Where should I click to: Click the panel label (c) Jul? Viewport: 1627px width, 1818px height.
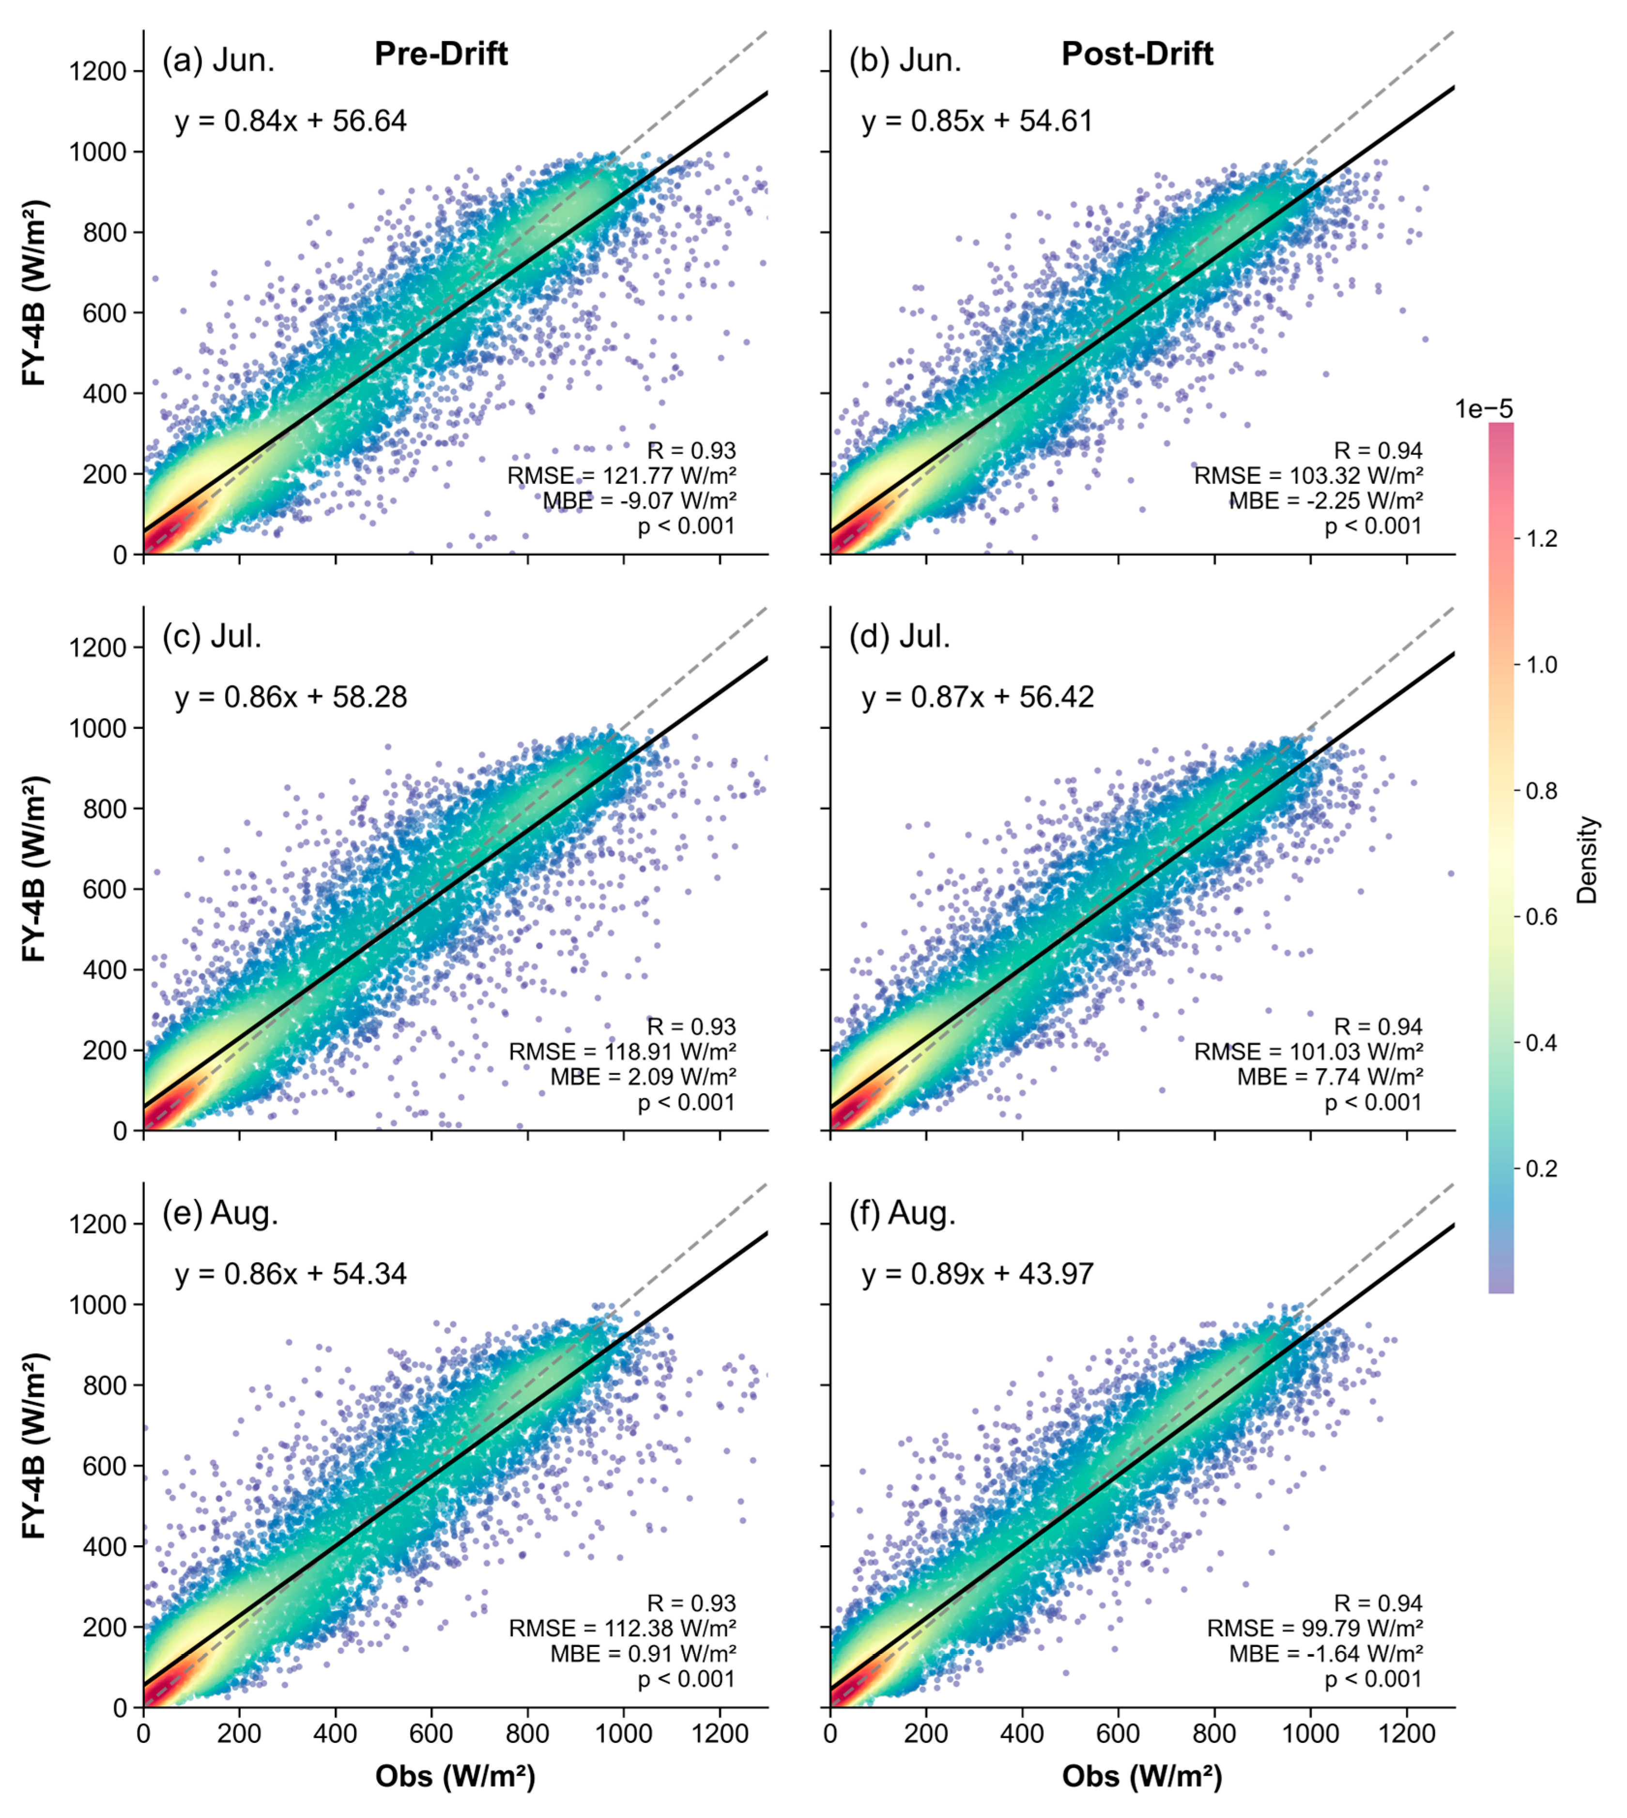[212, 637]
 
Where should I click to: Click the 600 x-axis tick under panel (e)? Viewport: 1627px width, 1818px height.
[432, 1734]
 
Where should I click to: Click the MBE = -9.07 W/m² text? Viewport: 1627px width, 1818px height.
[639, 501]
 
